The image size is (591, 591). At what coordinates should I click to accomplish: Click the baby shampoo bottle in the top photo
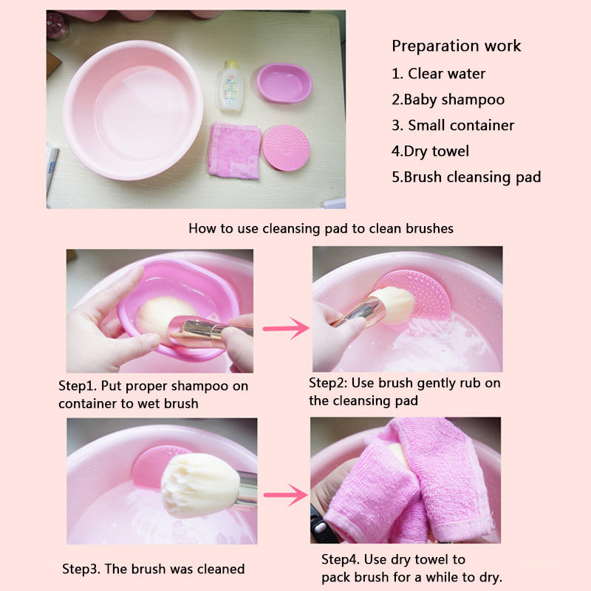(x=230, y=86)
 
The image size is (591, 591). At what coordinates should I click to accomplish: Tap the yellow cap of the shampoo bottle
(x=232, y=64)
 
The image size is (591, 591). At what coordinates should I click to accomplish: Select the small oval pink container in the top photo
(x=284, y=83)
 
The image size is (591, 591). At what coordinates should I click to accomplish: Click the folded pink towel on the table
(x=234, y=151)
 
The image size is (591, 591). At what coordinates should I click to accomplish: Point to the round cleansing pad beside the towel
(x=286, y=148)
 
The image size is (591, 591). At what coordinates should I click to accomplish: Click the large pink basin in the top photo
(x=133, y=110)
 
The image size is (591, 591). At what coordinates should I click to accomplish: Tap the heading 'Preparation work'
(x=457, y=47)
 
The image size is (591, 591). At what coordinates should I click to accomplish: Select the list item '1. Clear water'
(x=438, y=73)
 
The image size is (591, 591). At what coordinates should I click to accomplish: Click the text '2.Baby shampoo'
(x=448, y=100)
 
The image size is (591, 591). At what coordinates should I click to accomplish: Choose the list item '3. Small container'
(x=453, y=125)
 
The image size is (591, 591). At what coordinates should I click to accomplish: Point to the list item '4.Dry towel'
(x=431, y=151)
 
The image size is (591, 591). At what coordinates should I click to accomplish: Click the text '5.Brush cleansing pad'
(x=467, y=177)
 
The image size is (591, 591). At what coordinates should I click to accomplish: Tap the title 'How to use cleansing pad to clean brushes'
(x=321, y=228)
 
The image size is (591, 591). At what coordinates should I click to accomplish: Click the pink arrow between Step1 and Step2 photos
(x=286, y=328)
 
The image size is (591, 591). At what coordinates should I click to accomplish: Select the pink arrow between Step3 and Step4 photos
(x=286, y=494)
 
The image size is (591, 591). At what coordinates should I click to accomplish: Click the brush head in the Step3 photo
(x=200, y=485)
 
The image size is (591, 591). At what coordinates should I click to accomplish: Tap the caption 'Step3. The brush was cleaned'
(x=154, y=569)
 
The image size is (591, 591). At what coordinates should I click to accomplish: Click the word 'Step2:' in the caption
(x=328, y=383)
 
